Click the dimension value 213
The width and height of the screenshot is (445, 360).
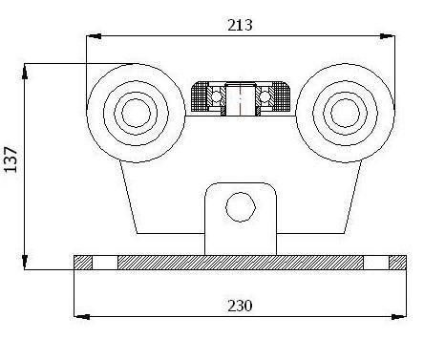tap(240, 25)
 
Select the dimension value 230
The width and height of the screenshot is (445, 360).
tap(240, 306)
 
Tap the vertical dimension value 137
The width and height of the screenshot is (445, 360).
tap(11, 159)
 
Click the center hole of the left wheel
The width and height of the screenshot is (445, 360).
tap(136, 113)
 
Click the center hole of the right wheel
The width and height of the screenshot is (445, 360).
tap(346, 113)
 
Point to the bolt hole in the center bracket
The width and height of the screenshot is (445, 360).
tap(241, 207)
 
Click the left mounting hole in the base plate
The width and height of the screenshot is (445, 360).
tap(105, 263)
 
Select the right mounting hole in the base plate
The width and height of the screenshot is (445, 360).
tap(376, 263)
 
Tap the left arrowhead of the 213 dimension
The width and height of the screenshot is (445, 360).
tap(94, 36)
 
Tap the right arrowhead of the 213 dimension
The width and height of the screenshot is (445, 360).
tap(388, 36)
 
